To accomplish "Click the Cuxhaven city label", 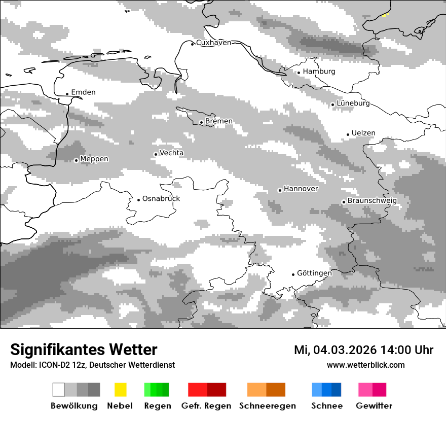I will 213,43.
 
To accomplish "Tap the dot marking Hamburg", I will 299,73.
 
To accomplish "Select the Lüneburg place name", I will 353,103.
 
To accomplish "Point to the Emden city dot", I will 67,94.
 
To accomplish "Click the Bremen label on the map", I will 219,121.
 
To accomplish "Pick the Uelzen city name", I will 363,133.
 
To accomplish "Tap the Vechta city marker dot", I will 156,154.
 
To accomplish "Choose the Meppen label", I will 94,159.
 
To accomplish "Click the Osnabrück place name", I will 161,199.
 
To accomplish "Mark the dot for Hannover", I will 280,190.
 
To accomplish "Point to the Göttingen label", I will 314,273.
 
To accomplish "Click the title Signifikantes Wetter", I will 84,350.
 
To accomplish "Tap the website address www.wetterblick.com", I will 366,365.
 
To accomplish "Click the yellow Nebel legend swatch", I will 120,390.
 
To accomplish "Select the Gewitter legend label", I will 374,406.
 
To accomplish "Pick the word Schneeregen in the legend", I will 267,406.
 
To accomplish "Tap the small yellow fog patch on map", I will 385,15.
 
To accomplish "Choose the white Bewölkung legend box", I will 58,390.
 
